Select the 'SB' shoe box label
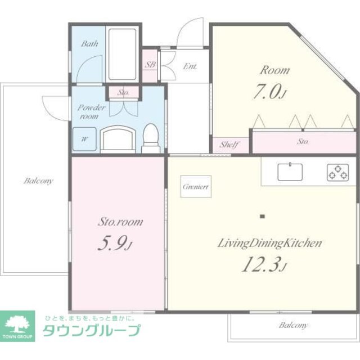(150, 65)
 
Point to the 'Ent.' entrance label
(190, 66)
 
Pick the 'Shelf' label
(229, 145)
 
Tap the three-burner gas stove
(337, 172)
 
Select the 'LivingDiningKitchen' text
(269, 243)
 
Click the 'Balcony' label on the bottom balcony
(294, 326)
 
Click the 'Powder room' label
(89, 111)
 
